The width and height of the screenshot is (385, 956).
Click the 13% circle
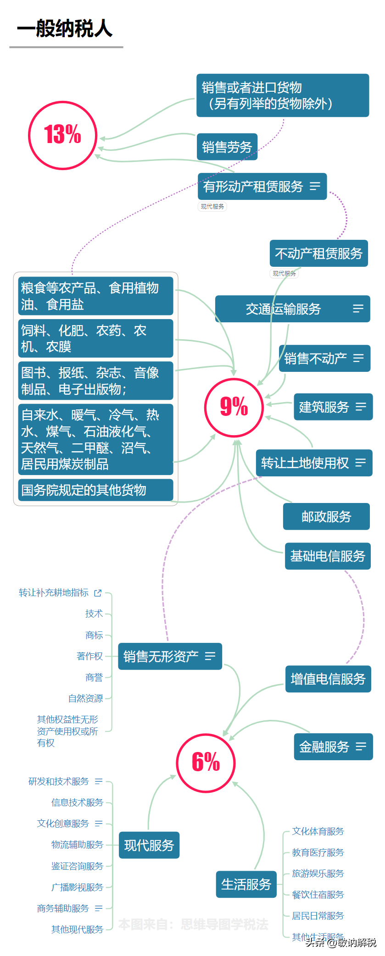click(63, 135)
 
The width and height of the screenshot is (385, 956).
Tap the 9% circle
click(234, 407)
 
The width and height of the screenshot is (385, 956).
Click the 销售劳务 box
click(227, 147)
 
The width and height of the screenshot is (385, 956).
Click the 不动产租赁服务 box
click(318, 253)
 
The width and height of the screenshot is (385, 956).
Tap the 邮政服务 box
click(326, 517)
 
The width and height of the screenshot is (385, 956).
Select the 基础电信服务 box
click(328, 556)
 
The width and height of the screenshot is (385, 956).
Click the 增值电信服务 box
click(328, 679)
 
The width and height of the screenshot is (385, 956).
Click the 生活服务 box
click(246, 884)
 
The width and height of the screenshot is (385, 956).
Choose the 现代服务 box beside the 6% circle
click(149, 845)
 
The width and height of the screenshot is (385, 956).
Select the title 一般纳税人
click(65, 29)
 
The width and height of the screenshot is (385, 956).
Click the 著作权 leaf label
click(90, 656)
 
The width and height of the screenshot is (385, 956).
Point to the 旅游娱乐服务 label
click(318, 873)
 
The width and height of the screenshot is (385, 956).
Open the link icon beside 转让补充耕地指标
click(98, 593)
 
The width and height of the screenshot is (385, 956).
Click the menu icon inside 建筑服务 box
click(361, 407)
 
